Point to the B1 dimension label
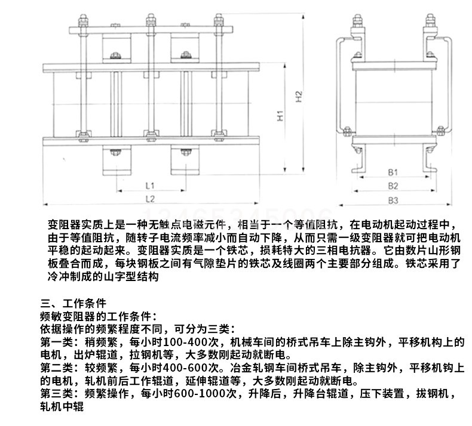click(393, 173)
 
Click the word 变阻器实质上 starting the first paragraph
click(78, 226)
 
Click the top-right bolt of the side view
click(428, 24)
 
